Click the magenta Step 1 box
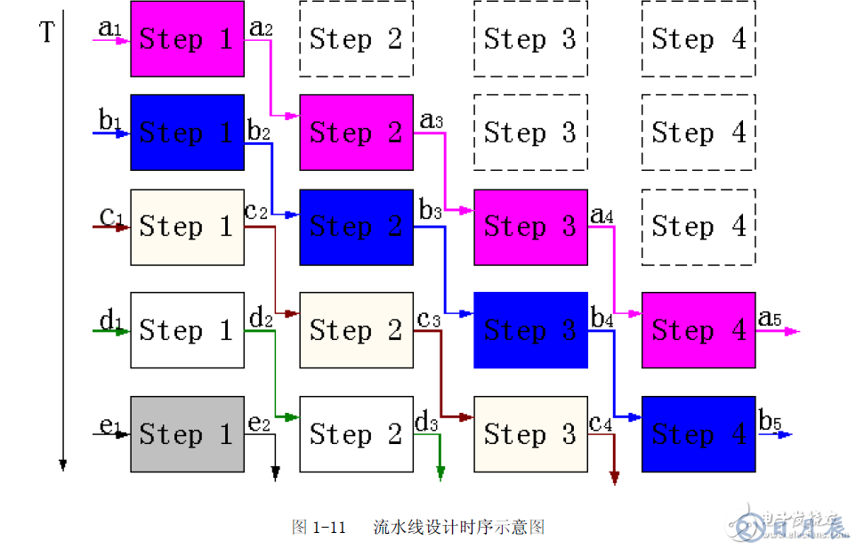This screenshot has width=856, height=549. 187,38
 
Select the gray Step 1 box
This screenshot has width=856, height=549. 187,433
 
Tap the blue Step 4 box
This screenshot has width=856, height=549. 699,433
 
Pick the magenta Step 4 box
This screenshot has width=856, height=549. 699,330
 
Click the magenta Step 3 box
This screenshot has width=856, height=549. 530,227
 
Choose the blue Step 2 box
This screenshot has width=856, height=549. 356,227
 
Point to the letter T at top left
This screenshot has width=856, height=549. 48,34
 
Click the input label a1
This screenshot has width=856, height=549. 109,28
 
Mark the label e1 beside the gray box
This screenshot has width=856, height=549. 109,424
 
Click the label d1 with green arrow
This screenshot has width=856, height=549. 109,319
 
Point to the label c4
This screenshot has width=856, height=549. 601,423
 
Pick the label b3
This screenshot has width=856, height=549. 430,211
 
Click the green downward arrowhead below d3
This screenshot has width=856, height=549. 440,473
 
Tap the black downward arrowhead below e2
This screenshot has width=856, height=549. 276,473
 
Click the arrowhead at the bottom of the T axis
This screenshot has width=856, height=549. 63,464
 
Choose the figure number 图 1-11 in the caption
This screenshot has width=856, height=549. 318,527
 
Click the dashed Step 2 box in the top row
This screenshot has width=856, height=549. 356,38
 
